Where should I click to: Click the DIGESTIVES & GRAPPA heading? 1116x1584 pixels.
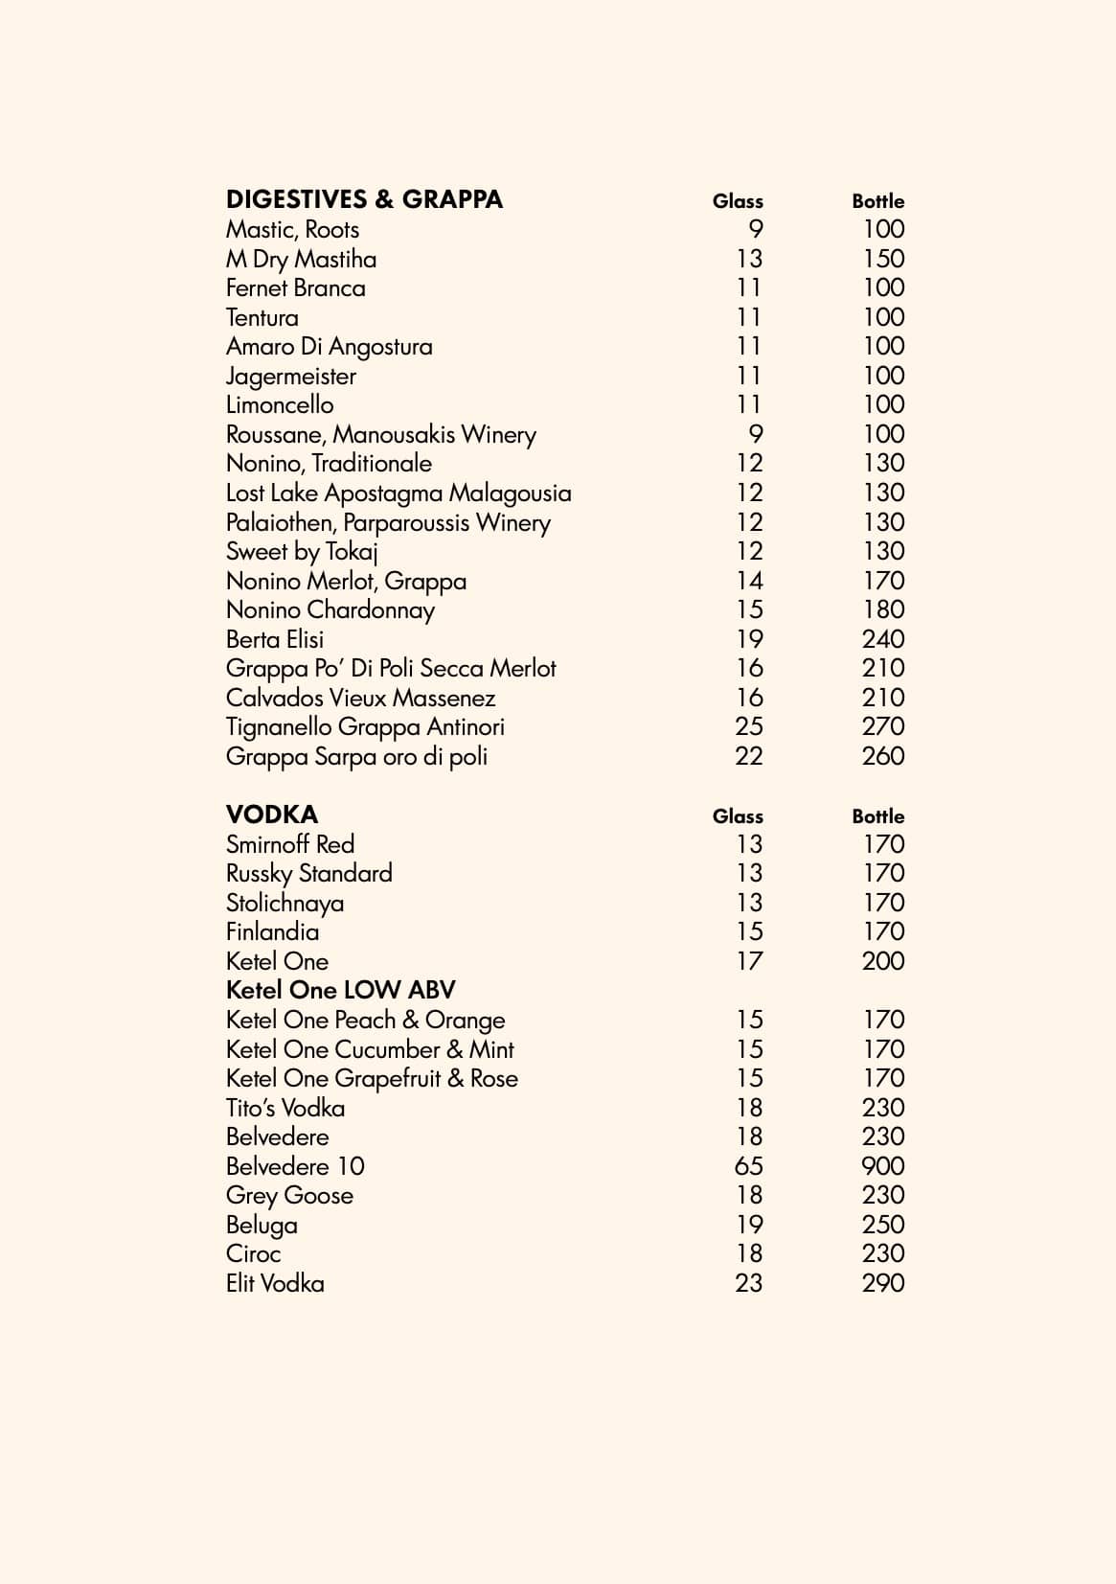(364, 199)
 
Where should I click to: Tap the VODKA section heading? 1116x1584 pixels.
(272, 815)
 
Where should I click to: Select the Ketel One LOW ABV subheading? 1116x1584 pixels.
(340, 990)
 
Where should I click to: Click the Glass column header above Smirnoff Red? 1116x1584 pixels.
(738, 816)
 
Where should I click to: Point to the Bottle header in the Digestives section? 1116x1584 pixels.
(877, 201)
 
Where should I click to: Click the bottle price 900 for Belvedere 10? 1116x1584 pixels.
(882, 1166)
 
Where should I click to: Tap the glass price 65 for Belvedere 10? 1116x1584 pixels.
(748, 1166)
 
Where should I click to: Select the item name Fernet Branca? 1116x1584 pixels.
(295, 287)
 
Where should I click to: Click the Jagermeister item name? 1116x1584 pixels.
(290, 376)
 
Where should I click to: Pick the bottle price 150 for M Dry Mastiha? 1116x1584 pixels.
(883, 259)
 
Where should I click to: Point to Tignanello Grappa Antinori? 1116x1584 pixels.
(365, 726)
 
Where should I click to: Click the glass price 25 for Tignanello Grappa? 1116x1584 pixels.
(748, 726)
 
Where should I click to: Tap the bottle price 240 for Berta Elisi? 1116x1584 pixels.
(882, 639)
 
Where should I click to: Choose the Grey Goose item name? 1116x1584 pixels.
(289, 1195)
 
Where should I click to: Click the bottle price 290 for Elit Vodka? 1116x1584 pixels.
(882, 1283)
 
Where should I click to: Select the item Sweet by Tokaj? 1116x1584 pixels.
(302, 551)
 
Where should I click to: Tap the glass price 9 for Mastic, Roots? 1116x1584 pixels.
(755, 229)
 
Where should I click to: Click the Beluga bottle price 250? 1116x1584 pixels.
(882, 1225)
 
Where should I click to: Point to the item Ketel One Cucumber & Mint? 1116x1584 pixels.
(370, 1049)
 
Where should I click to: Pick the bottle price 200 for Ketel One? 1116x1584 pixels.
(882, 961)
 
